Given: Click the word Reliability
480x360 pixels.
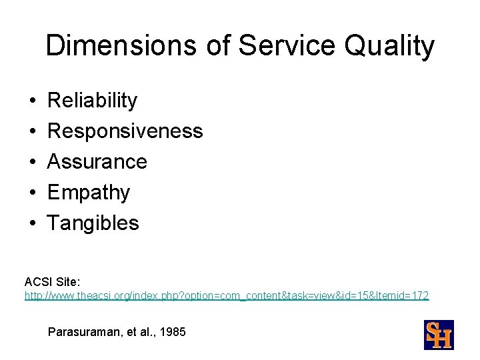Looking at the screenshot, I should [x=93, y=101].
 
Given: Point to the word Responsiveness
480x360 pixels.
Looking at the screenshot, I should [x=125, y=131].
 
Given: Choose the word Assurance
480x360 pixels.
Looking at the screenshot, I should [x=97, y=162].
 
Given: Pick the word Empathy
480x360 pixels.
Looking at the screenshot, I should [x=89, y=193].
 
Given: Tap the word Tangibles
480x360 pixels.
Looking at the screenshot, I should [x=93, y=223].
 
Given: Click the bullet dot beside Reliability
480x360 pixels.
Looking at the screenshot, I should [x=31, y=101].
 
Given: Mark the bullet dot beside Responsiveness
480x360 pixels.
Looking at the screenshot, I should [x=31, y=132].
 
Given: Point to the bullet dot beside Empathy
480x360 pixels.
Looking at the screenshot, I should [x=31, y=193].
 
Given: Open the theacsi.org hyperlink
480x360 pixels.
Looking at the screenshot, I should [x=227, y=295].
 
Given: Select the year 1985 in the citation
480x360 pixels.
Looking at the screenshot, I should [x=173, y=331].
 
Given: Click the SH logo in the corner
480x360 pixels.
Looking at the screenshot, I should [x=439, y=335].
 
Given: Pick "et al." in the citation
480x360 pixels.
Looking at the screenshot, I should [x=137, y=331].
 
